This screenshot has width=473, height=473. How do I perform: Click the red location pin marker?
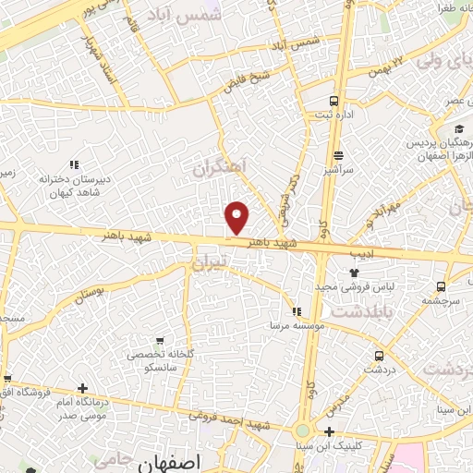tap(238, 217)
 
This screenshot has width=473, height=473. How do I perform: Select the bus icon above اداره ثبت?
tap(334, 101)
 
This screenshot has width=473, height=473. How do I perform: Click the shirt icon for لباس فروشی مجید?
tap(354, 272)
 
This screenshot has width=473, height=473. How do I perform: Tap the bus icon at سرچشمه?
tap(442, 285)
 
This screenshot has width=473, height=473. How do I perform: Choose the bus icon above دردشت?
tap(379, 355)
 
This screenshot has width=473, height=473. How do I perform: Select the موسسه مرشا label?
tap(293, 326)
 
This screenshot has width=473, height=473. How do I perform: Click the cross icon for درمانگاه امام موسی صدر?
tap(83, 388)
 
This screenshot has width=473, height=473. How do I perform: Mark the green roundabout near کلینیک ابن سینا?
tap(303, 431)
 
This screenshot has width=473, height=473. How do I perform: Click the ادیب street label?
tap(359, 251)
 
